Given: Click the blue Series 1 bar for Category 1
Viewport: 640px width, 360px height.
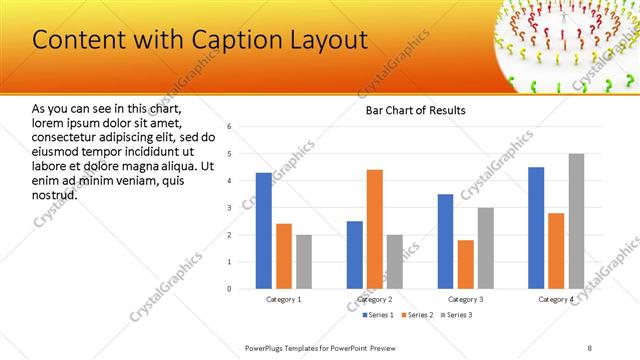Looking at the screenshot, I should click(x=263, y=230).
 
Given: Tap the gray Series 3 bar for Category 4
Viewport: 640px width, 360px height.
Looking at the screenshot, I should click(x=576, y=221).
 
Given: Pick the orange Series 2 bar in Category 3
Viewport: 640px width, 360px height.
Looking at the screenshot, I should click(x=465, y=264).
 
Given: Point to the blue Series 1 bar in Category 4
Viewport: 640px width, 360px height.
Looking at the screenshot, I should click(x=536, y=228).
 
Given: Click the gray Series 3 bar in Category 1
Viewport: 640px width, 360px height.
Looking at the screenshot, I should click(x=304, y=262).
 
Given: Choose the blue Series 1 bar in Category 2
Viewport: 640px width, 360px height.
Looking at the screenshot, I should click(x=355, y=255).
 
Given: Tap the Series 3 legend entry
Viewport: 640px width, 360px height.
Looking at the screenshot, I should click(x=456, y=315).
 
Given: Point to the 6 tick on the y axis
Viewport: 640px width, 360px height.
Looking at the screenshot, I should click(x=229, y=127).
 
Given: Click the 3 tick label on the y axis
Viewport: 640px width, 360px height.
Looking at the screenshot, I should click(x=229, y=208).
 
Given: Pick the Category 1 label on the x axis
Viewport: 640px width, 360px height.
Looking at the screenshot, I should click(x=284, y=299).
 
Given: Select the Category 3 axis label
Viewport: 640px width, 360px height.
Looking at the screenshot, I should click(x=465, y=299).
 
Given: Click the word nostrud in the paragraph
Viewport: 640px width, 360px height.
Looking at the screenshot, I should click(x=54, y=193).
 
